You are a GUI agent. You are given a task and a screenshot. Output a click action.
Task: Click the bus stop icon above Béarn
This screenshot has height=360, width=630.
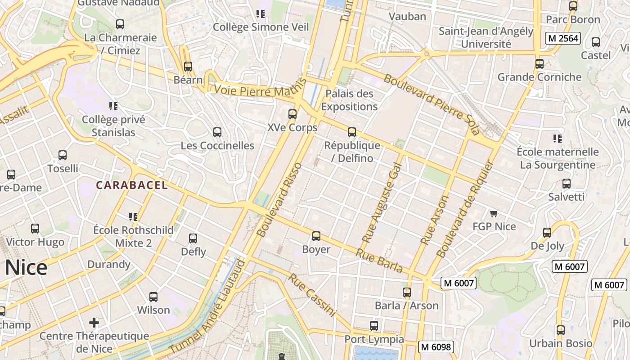(x=188, y=67)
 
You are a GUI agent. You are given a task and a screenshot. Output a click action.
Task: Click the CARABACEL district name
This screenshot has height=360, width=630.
(x=132, y=185)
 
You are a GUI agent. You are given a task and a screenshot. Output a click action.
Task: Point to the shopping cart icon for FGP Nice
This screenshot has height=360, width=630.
(x=494, y=213)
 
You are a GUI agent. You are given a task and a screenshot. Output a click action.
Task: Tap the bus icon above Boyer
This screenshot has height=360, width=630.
(x=316, y=236)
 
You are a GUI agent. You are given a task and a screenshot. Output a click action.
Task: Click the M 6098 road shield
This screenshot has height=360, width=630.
(x=435, y=346)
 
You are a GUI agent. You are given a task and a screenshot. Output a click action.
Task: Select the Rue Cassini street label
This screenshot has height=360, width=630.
(x=312, y=295)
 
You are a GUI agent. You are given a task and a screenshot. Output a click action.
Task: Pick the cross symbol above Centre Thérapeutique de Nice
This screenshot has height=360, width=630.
(x=94, y=323)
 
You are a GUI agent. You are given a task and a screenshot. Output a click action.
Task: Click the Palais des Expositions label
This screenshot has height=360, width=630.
(x=349, y=100)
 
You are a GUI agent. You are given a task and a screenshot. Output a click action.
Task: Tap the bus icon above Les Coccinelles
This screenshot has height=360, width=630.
(x=217, y=132)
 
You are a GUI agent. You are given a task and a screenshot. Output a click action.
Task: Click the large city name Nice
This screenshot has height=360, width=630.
(x=26, y=268)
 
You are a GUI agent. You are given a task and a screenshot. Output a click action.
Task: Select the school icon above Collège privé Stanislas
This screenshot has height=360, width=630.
(x=113, y=106)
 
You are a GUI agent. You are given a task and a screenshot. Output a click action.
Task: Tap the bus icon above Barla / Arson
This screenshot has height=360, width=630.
(x=407, y=292)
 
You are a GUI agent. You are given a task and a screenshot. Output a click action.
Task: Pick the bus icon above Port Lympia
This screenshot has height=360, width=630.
(x=374, y=326)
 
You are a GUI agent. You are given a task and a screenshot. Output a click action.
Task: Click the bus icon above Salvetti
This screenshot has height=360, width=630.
(x=567, y=184)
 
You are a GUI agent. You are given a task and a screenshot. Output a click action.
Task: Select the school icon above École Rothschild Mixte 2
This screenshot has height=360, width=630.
(x=133, y=217)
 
